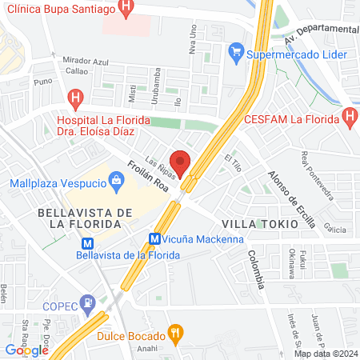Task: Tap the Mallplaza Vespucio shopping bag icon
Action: coord(117,181)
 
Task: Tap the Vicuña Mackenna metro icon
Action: coord(156,238)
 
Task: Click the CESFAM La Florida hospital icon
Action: coord(349,120)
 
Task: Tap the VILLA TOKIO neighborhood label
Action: coord(258,224)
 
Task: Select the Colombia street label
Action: coord(255,268)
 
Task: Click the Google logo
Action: coord(26,349)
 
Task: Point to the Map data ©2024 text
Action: coord(325,354)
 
